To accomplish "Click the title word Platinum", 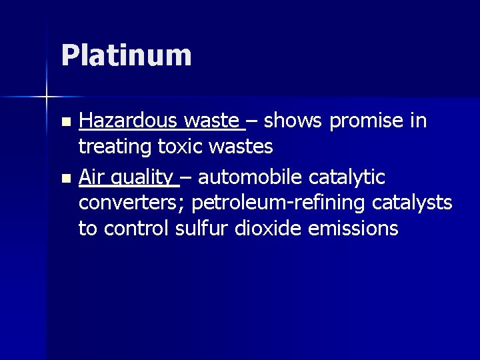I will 126,55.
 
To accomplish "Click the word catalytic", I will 351,177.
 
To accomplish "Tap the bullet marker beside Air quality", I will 65,178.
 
